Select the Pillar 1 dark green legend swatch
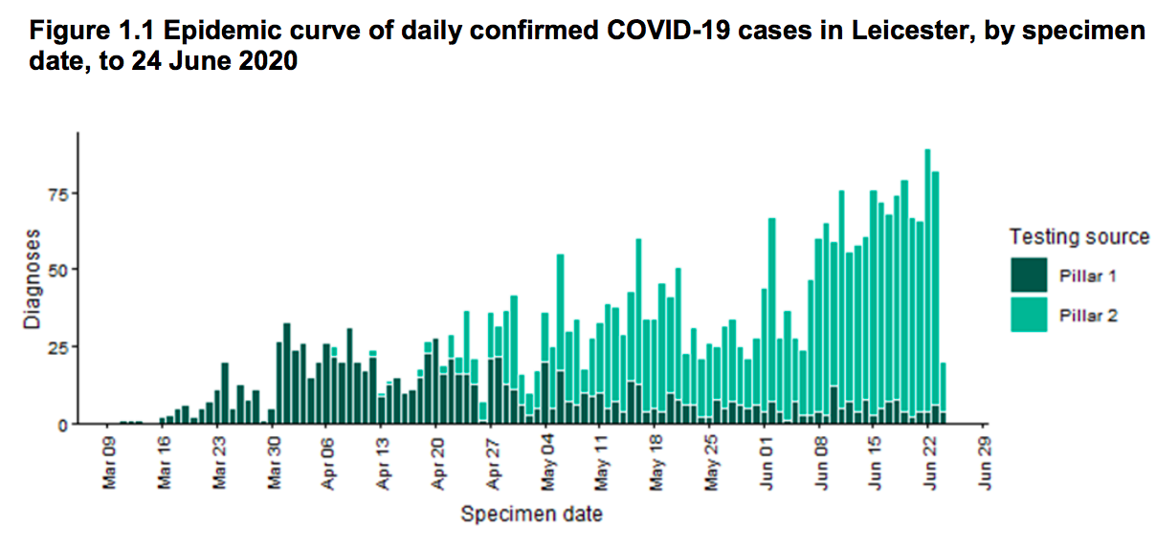click(x=1030, y=276)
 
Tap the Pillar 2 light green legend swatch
click(x=1030, y=315)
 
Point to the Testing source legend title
click(x=1078, y=237)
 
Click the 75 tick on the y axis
click(x=57, y=193)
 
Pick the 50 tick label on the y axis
click(x=57, y=270)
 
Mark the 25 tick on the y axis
click(x=57, y=346)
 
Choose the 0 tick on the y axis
click(x=62, y=424)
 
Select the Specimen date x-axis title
click(x=532, y=515)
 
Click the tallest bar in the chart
click(x=927, y=287)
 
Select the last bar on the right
click(x=944, y=393)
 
